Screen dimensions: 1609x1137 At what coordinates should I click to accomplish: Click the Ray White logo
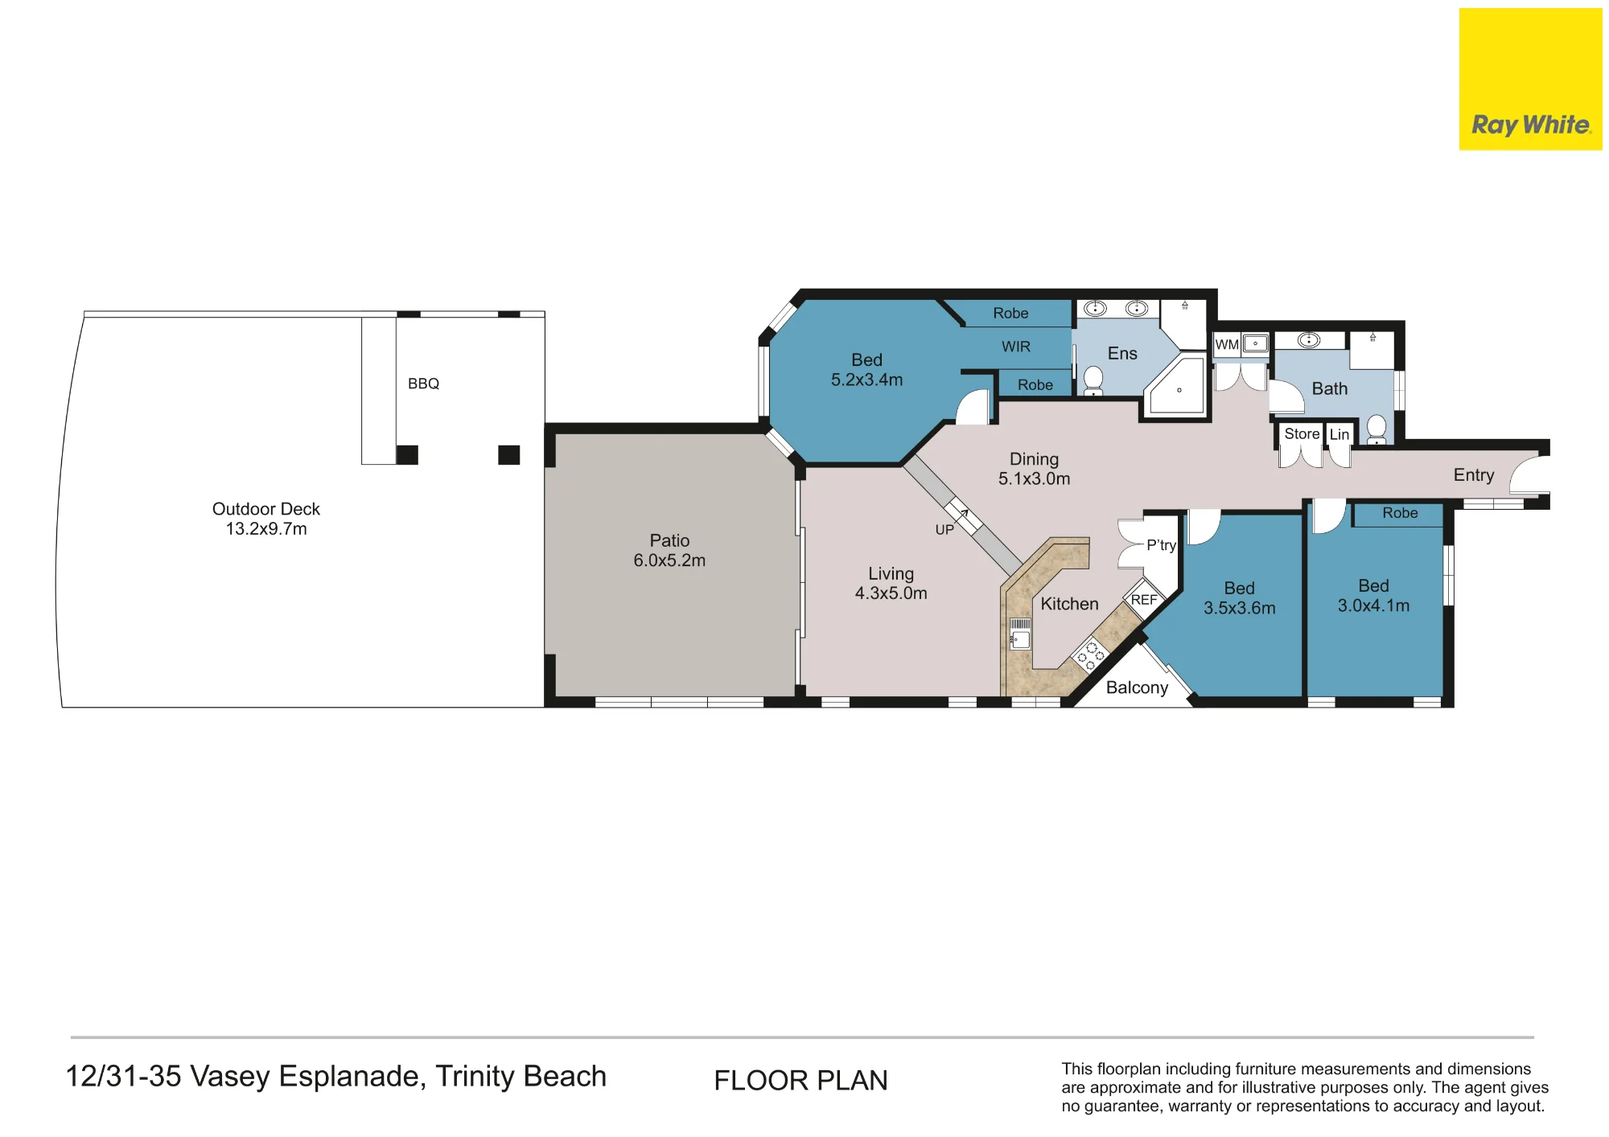click(1530, 79)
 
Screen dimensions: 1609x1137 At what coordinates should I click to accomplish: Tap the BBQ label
click(423, 384)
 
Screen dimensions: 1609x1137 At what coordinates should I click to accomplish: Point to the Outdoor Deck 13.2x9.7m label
click(265, 519)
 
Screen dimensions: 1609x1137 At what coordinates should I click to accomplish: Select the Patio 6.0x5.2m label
click(669, 550)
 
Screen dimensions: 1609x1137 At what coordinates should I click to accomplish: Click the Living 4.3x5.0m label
click(891, 583)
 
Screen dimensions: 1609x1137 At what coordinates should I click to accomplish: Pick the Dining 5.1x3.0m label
click(1034, 469)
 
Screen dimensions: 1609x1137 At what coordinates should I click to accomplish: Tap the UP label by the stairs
click(944, 530)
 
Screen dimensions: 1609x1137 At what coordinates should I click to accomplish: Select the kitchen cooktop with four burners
click(1090, 654)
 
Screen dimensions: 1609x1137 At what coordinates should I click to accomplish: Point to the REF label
click(1143, 600)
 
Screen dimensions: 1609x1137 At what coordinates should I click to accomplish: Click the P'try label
click(1161, 545)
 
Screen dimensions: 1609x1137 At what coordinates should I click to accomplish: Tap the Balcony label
click(1137, 688)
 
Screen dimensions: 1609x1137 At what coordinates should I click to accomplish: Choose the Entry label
click(1474, 475)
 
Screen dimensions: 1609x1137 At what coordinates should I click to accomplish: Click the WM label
click(1227, 345)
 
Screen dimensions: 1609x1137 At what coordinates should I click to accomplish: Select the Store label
click(1302, 434)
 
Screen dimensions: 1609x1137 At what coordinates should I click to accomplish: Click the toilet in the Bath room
click(1376, 429)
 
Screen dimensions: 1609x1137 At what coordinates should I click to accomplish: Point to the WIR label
click(1016, 347)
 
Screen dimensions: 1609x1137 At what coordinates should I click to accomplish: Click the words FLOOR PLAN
click(800, 1080)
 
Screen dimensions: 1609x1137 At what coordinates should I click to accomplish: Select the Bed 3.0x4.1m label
click(1373, 596)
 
